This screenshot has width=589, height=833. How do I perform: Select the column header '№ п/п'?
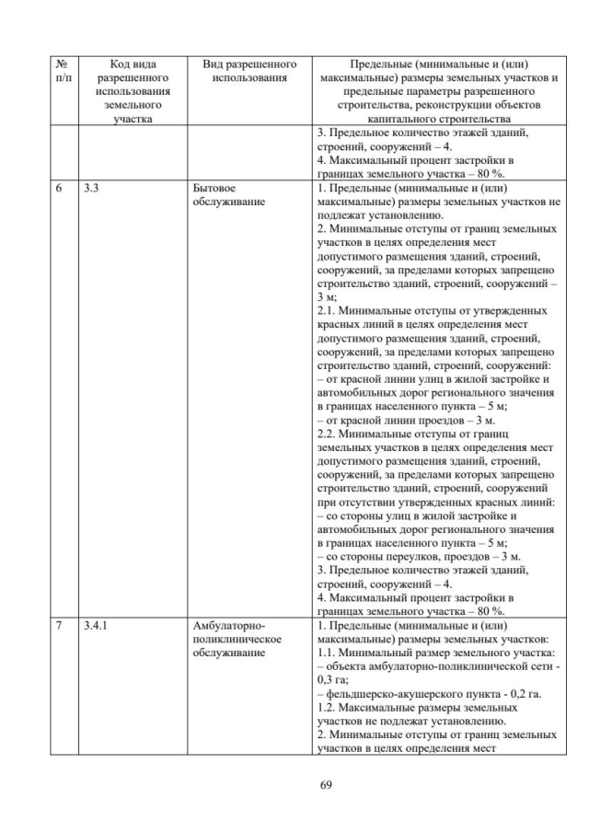[x=61, y=72]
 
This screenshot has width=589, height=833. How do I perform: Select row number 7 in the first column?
[x=58, y=627]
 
